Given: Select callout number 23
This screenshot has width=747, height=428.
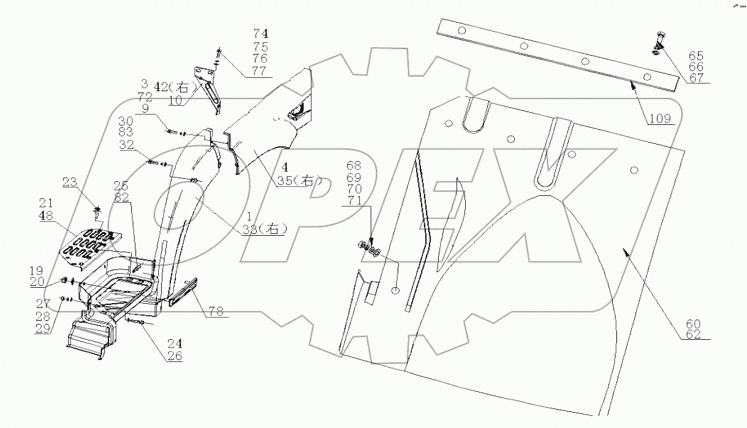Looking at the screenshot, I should point(70,181).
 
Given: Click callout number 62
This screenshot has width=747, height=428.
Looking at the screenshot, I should point(693,334).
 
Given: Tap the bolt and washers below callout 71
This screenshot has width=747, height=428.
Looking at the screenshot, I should point(368,249).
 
